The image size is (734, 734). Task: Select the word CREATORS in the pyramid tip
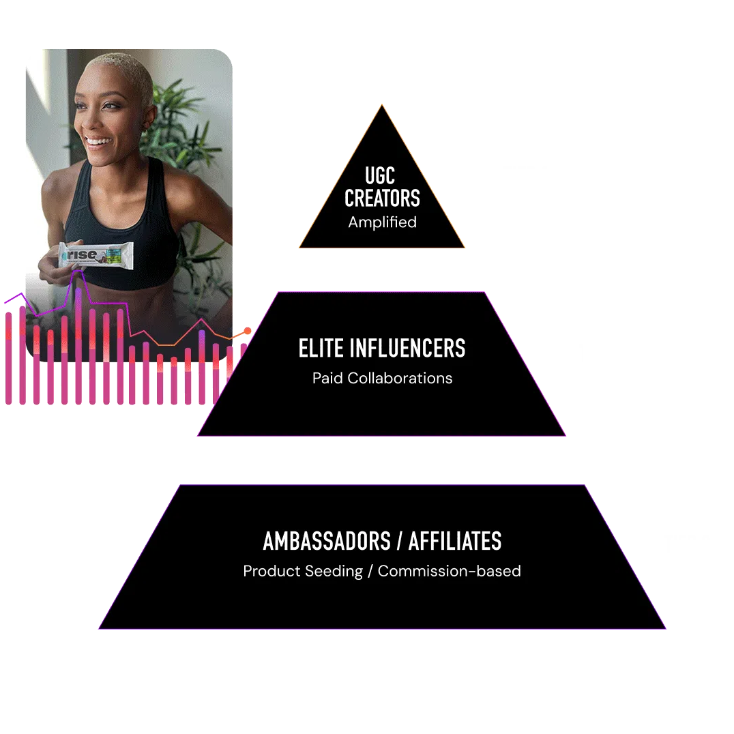[x=382, y=199]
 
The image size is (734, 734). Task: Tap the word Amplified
[x=382, y=222]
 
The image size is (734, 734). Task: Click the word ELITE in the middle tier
[x=321, y=349]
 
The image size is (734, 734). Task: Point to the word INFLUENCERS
[x=408, y=349]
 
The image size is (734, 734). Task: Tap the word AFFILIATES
[x=454, y=542]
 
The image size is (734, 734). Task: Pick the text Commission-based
[x=449, y=571]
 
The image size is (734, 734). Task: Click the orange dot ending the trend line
[x=247, y=331]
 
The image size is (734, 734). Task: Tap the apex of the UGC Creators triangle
[x=382, y=106]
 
